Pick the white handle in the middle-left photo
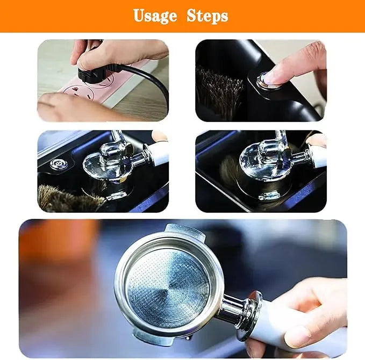click(x=158, y=154)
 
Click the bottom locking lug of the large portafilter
click(x=147, y=336)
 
